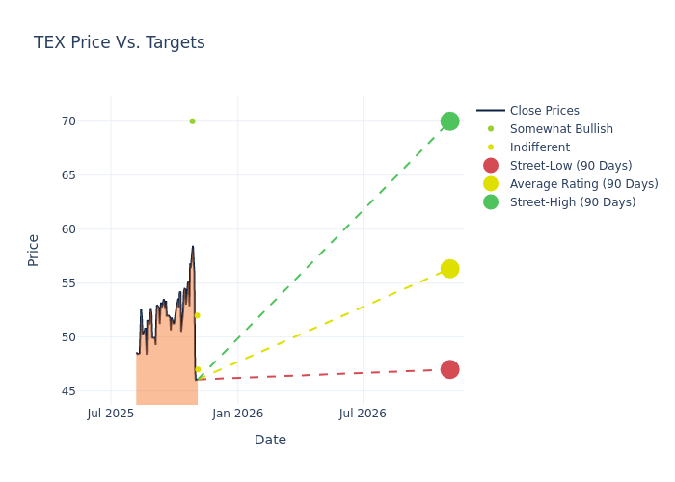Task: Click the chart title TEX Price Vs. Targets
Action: pyautogui.click(x=119, y=42)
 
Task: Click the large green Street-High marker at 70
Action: pyautogui.click(x=449, y=121)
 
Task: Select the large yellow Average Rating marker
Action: pyautogui.click(x=449, y=269)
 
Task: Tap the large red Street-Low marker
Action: pyautogui.click(x=449, y=369)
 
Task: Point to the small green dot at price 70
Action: pyautogui.click(x=192, y=121)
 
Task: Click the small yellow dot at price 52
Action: pyautogui.click(x=197, y=315)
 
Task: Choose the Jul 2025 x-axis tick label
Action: pyautogui.click(x=111, y=414)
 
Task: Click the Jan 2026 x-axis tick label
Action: pyautogui.click(x=237, y=414)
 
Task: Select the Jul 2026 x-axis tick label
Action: pyautogui.click(x=363, y=414)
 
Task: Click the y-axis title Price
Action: pyautogui.click(x=34, y=250)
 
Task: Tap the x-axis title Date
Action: pyautogui.click(x=270, y=441)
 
